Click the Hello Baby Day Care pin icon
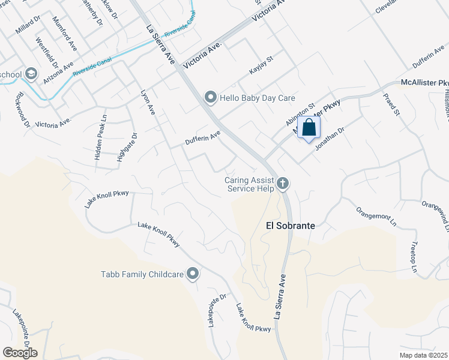pos(210,97)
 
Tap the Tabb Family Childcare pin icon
pos(193,274)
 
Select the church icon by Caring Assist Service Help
pos(283,184)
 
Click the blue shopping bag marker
pos(309,128)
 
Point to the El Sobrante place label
pos(291,226)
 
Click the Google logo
pos(20,353)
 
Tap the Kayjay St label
pos(262,66)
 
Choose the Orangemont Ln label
pos(377,216)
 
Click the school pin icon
pos(31,74)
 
